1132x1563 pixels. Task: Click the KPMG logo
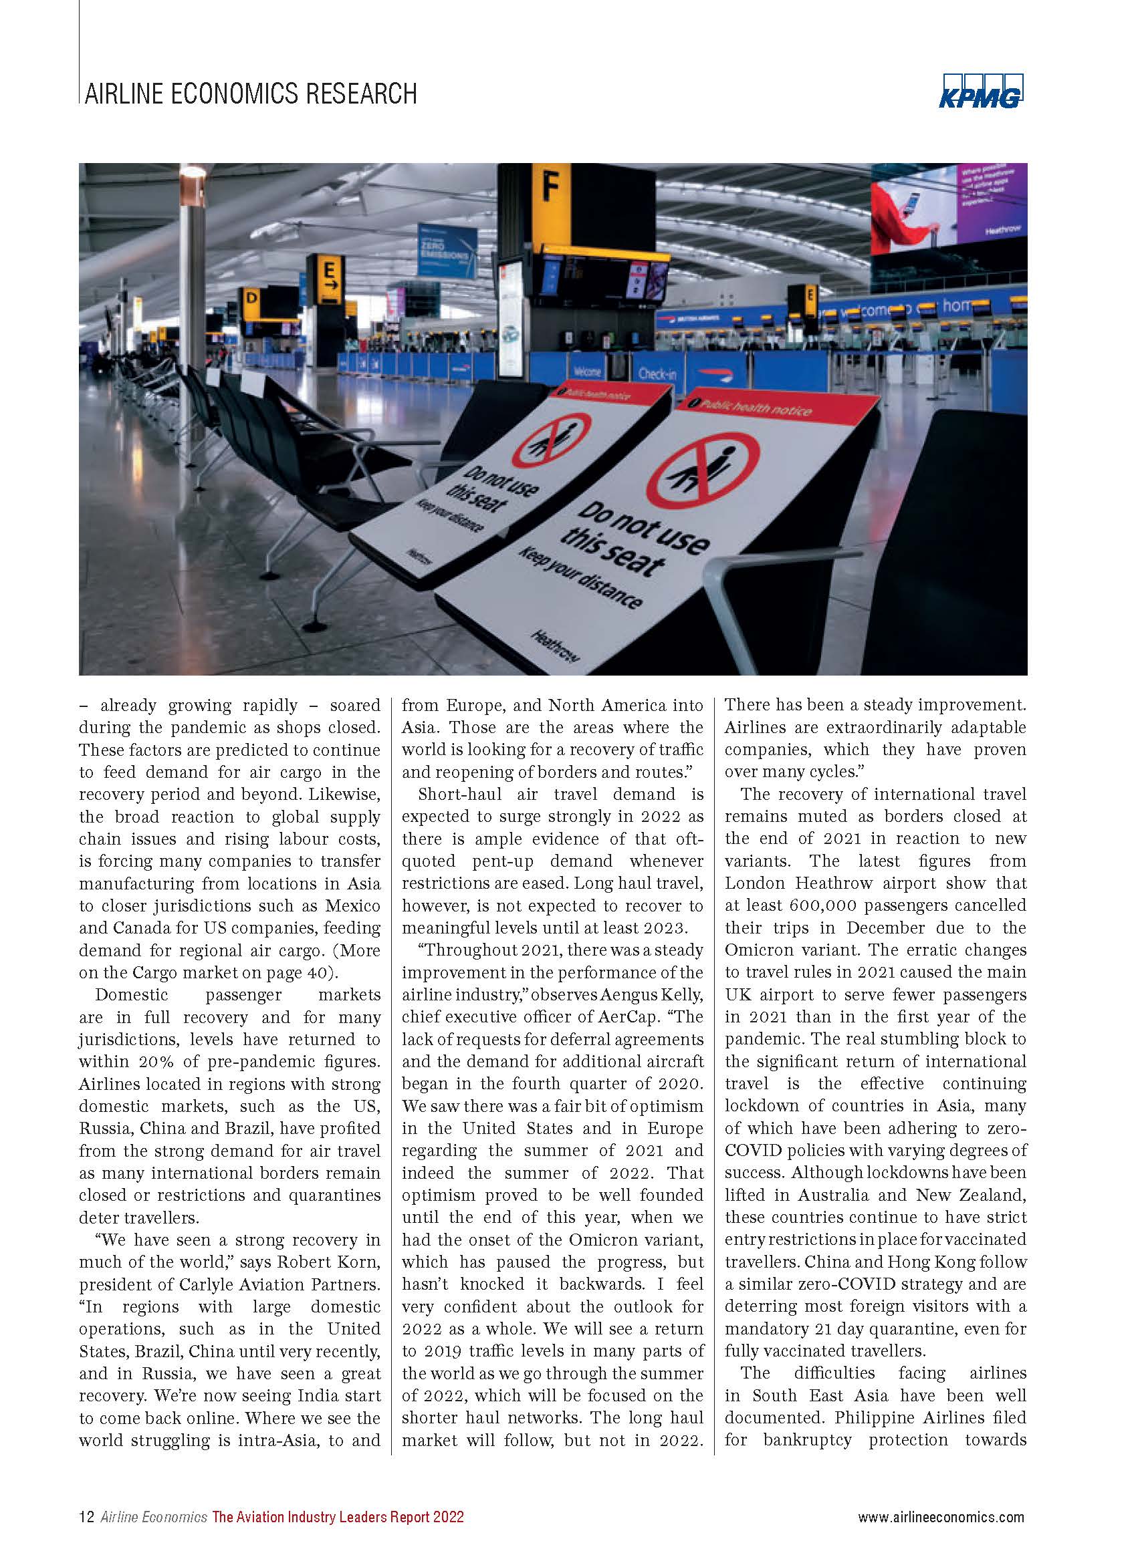coord(980,91)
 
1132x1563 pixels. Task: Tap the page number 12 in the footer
coord(87,1517)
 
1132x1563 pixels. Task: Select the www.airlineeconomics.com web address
coord(940,1517)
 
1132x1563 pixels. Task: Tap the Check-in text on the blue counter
coord(658,374)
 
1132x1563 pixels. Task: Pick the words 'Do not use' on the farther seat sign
coord(501,480)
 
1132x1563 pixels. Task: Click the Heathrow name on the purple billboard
coord(1002,229)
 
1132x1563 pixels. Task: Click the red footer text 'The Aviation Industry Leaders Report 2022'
coord(338,1517)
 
